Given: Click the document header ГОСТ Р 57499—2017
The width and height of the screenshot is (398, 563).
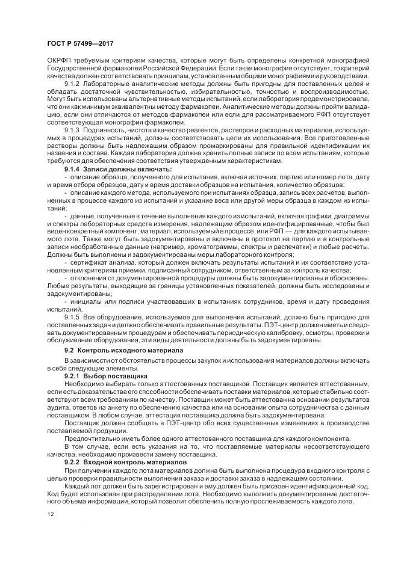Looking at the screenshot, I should [x=80, y=44].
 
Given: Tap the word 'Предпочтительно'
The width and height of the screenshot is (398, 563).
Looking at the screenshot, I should [x=91, y=438].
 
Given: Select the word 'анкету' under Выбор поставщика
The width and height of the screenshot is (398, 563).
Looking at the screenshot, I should [x=108, y=407].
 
